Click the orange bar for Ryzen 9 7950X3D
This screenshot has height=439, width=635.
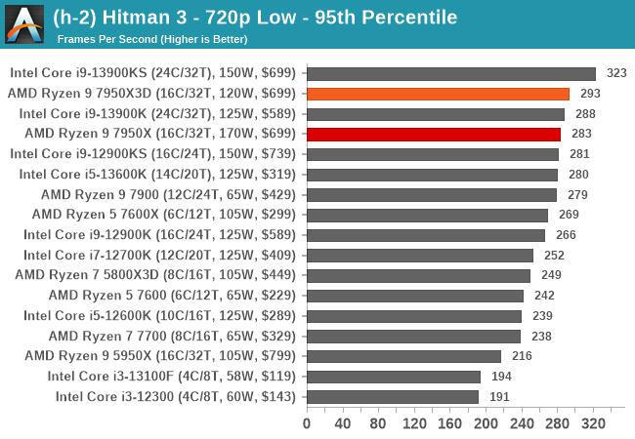[x=438, y=94]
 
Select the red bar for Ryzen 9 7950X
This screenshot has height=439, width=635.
[x=434, y=134]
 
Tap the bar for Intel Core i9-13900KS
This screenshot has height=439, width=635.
[x=451, y=73]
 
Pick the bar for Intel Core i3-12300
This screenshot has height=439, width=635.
[x=393, y=396]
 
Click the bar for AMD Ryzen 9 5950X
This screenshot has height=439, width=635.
[x=403, y=356]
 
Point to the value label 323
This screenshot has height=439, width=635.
[x=616, y=73]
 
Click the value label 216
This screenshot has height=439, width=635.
[x=521, y=356]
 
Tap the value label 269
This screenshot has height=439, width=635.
[x=568, y=215]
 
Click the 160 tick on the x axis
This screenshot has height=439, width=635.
[x=450, y=423]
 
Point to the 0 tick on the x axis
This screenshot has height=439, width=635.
[x=307, y=423]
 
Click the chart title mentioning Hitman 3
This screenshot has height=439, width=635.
[x=255, y=18]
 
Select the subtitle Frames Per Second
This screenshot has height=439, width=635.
[x=152, y=39]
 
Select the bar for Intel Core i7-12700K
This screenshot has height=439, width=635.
[x=420, y=255]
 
